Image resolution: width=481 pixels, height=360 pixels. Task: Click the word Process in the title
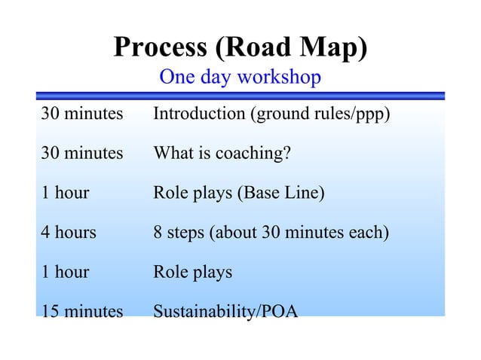[x=161, y=47]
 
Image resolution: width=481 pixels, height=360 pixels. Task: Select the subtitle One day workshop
[x=240, y=77]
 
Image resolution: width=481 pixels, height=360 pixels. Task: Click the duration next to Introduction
[x=81, y=115]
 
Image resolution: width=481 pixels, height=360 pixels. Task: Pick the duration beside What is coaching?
[x=81, y=154]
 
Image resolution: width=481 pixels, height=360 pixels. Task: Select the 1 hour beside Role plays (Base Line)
[x=65, y=193]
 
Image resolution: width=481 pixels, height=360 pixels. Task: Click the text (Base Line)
[x=281, y=193]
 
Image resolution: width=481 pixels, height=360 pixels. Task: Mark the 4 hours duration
[x=69, y=232]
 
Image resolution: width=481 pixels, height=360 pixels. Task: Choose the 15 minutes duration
[x=81, y=310]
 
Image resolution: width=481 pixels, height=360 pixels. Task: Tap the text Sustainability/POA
[x=225, y=310]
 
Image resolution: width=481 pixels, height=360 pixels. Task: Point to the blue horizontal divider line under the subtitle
[x=240, y=96]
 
